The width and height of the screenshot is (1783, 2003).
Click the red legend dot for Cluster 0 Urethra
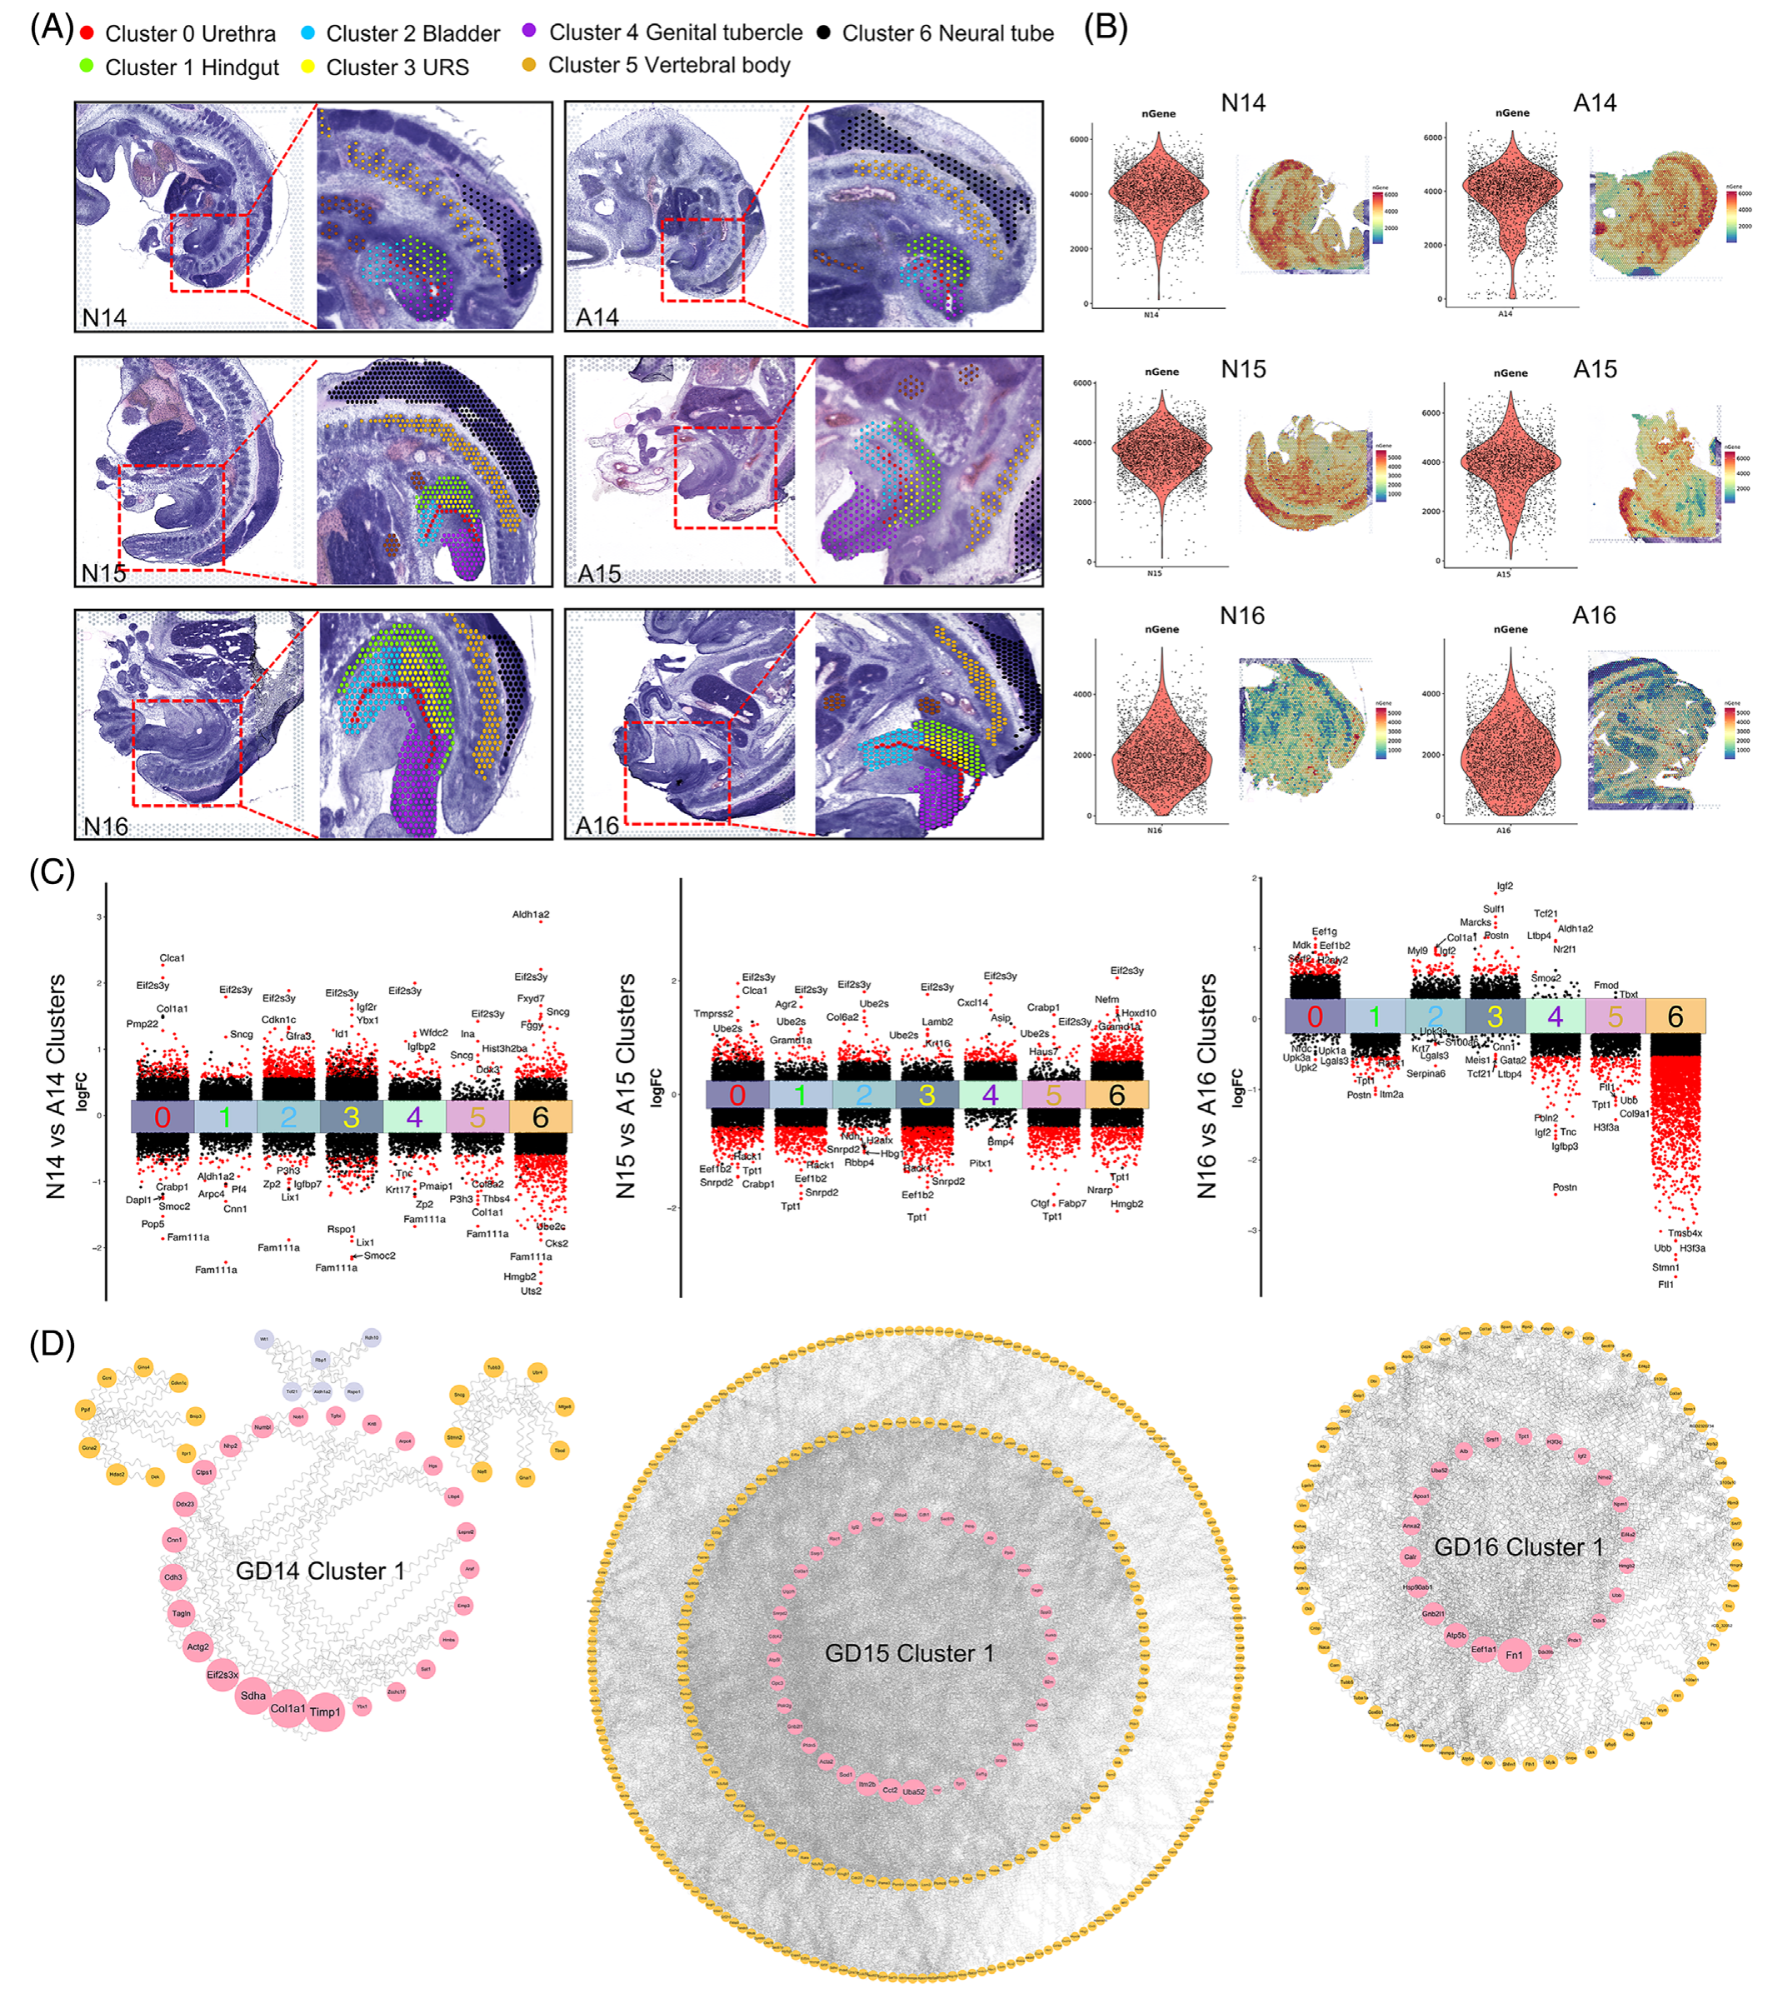87,33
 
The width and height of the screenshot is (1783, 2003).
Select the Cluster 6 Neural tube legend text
947,33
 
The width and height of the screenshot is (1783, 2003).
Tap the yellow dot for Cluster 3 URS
307,67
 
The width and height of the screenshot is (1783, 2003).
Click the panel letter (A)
51,27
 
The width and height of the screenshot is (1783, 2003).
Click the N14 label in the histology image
104,317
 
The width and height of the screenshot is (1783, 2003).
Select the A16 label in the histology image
597,826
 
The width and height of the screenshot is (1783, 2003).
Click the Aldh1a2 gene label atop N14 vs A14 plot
531,914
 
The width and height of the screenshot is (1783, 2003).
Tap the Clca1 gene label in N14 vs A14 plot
172,957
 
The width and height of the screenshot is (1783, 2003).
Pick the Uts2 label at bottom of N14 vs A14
531,1291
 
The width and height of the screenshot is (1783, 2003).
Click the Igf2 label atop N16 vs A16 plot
1505,886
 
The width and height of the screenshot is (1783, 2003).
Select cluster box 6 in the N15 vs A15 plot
1116,1095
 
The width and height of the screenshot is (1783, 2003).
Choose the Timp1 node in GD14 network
325,1712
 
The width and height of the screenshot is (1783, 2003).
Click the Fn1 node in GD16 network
1515,1655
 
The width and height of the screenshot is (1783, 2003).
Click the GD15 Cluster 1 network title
909,1653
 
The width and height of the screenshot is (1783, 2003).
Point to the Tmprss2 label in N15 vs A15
713,1013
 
